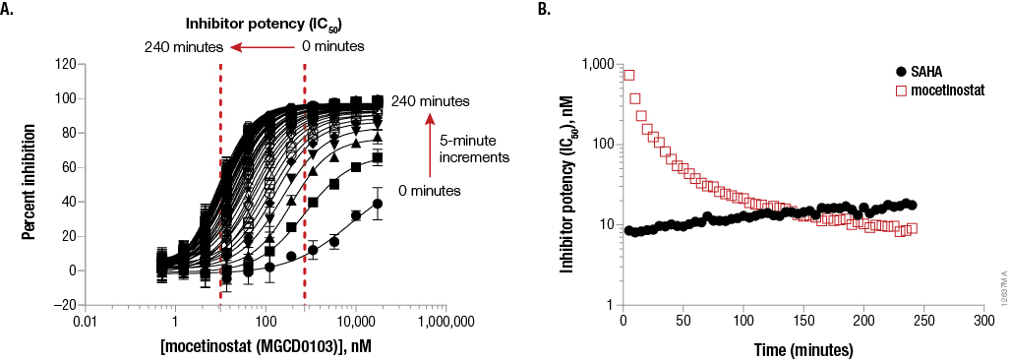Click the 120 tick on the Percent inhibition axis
(x=66, y=64)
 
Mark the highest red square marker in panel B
(x=629, y=75)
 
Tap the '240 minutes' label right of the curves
(x=430, y=101)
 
